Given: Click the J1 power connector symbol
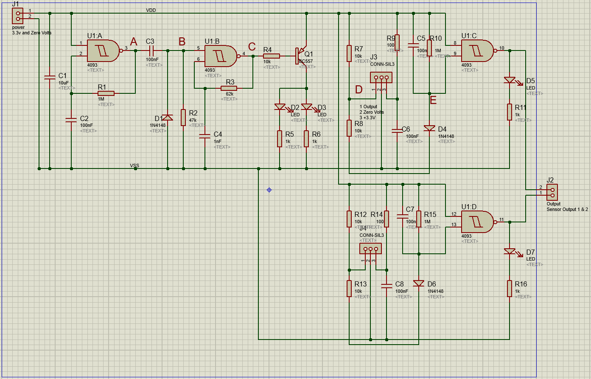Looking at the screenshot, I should tap(18, 16).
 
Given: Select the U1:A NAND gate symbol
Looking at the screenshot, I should tap(103, 51).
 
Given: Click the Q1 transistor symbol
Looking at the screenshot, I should tap(301, 55).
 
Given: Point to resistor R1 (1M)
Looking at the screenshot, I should tap(106, 93).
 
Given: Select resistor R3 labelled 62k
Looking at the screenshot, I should tap(229, 88).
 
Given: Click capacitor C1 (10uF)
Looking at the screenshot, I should tap(50, 78).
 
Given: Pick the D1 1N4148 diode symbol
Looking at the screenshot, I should tap(168, 118).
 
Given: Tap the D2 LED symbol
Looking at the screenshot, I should tap(280, 107).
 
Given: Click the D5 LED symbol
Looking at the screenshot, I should tap(510, 80).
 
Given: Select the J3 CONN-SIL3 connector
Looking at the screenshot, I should tap(381, 78).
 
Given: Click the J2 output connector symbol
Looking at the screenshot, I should tap(552, 192).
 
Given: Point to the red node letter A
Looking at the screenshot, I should tap(134, 42).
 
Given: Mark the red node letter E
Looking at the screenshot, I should tap(433, 101).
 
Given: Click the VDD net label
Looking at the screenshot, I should tap(151, 10).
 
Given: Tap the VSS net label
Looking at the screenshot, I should tap(134, 165).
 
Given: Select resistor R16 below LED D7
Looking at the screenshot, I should tap(510, 288).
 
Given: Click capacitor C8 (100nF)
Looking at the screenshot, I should tap(387, 286).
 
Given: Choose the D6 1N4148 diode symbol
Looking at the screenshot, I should tap(419, 284).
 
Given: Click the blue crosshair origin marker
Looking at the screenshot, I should tap(269, 190).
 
